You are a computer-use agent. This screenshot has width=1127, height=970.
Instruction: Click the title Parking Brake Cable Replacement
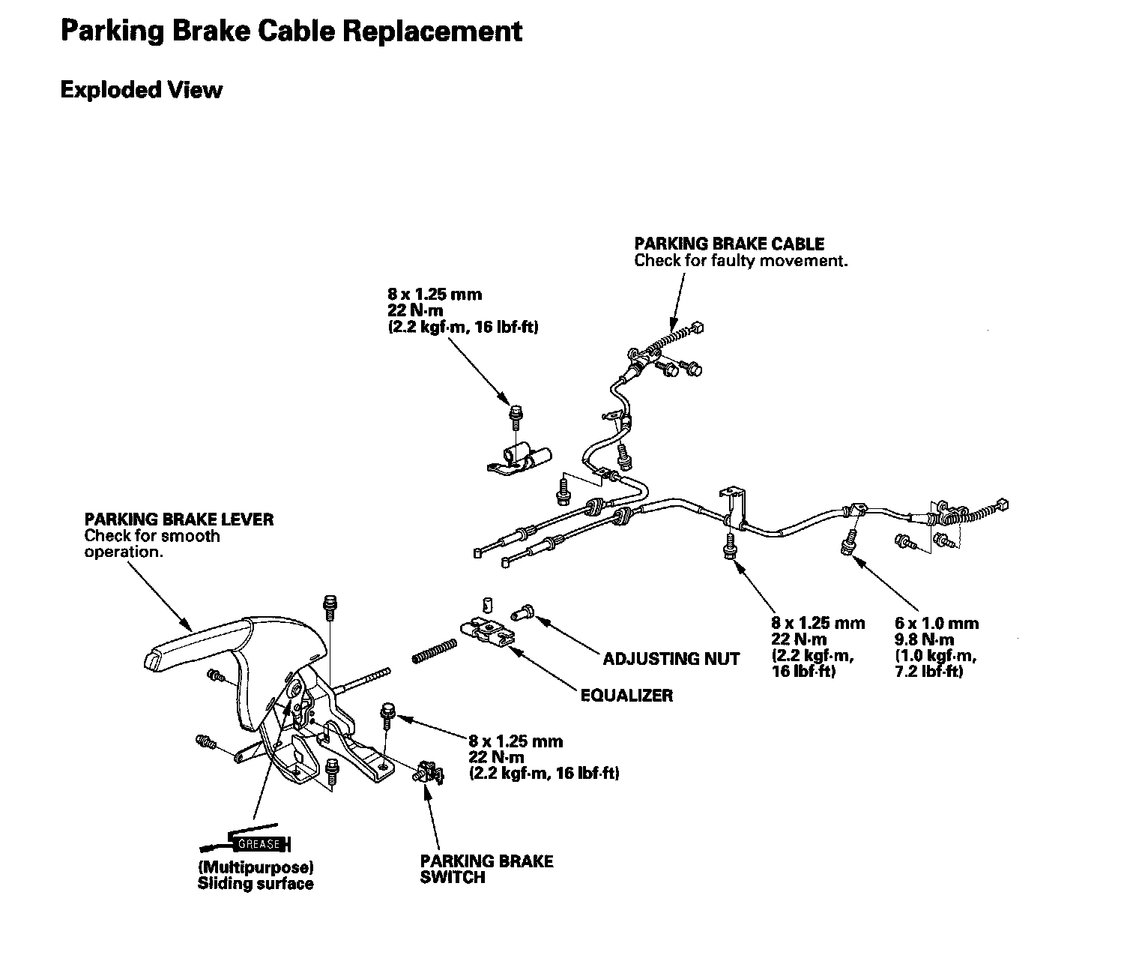click(291, 31)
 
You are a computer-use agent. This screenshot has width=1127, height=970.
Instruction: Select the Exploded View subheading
click(141, 90)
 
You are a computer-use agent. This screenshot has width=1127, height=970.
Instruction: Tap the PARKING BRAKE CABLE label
click(728, 244)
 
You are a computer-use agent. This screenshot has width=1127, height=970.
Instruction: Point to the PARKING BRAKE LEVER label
click(178, 519)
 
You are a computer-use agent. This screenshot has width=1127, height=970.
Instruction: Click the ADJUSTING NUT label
click(671, 659)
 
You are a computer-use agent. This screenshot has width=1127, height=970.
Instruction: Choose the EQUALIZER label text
click(626, 695)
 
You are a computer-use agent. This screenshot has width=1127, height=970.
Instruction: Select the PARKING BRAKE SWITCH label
click(486, 869)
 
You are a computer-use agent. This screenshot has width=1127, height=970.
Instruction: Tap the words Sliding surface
click(255, 884)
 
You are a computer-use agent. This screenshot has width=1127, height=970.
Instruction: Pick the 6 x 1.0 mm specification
click(936, 623)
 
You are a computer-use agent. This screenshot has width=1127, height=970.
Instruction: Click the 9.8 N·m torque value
click(925, 639)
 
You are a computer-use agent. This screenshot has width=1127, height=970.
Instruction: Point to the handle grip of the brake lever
click(195, 641)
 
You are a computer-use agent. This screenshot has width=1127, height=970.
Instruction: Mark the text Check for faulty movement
click(740, 261)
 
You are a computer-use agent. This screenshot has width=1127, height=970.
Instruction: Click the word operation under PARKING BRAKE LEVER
click(122, 552)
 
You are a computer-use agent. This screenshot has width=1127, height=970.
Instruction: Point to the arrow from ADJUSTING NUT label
click(569, 636)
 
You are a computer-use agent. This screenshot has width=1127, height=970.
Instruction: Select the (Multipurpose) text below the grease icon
click(255, 867)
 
